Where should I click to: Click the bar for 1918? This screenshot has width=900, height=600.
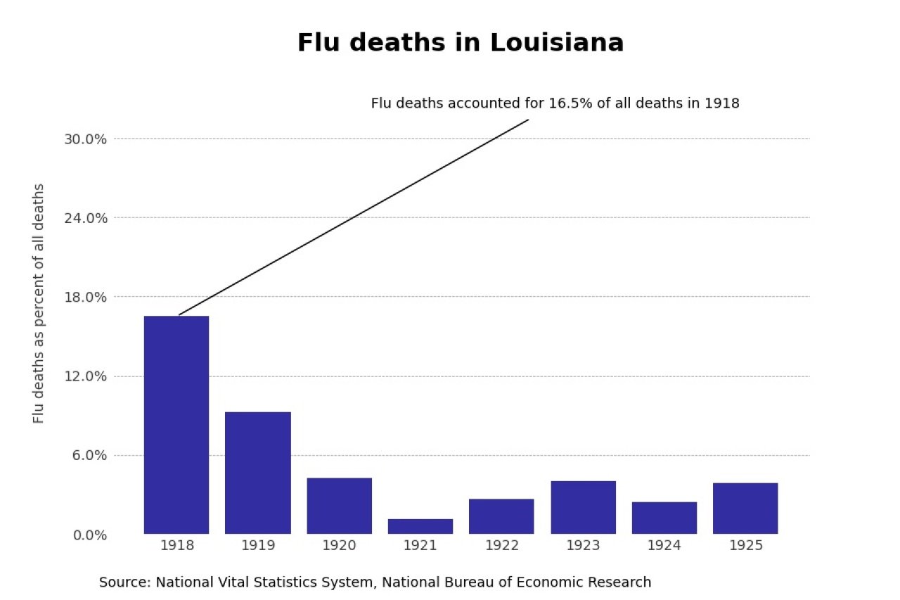(x=176, y=425)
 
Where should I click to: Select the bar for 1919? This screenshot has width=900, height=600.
(x=257, y=473)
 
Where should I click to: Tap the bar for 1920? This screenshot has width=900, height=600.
(x=339, y=506)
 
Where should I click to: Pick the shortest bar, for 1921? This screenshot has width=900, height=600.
(x=420, y=526)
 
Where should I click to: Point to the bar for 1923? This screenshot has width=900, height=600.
(x=583, y=507)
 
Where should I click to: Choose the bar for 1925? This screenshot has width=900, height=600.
(x=745, y=508)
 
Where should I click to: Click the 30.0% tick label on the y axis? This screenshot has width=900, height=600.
(x=85, y=139)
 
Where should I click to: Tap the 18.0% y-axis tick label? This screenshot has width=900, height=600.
(x=85, y=297)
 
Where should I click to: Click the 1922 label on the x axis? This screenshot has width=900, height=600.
(x=501, y=546)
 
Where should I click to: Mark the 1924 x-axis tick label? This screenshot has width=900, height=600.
(x=664, y=546)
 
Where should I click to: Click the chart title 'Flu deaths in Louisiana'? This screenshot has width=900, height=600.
(x=461, y=43)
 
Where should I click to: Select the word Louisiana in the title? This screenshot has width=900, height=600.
(x=557, y=43)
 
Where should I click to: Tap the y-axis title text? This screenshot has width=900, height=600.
(x=39, y=303)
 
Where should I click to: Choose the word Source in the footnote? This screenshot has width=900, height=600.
(x=124, y=582)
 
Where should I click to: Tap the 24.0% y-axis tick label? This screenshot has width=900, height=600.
(x=85, y=218)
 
